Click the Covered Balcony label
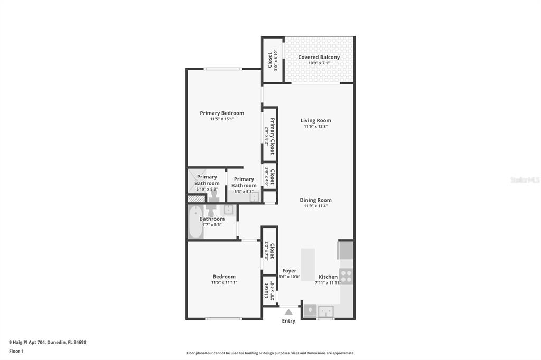point(319,57)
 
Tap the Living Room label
point(315,120)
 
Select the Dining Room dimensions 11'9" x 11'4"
point(315,206)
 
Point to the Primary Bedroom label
point(222,113)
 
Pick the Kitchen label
point(328,277)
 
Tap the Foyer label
point(289,271)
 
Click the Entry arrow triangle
point(288,312)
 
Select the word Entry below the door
point(288,321)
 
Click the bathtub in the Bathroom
point(195,222)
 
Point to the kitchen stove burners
point(346,276)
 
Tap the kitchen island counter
point(307,264)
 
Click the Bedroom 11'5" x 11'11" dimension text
point(224,282)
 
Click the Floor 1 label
point(16,350)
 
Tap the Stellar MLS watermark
point(525,180)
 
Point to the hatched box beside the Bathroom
point(196,199)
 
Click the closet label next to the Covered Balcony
point(270,60)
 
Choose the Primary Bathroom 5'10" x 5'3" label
point(207,183)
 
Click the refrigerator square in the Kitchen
point(346,251)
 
